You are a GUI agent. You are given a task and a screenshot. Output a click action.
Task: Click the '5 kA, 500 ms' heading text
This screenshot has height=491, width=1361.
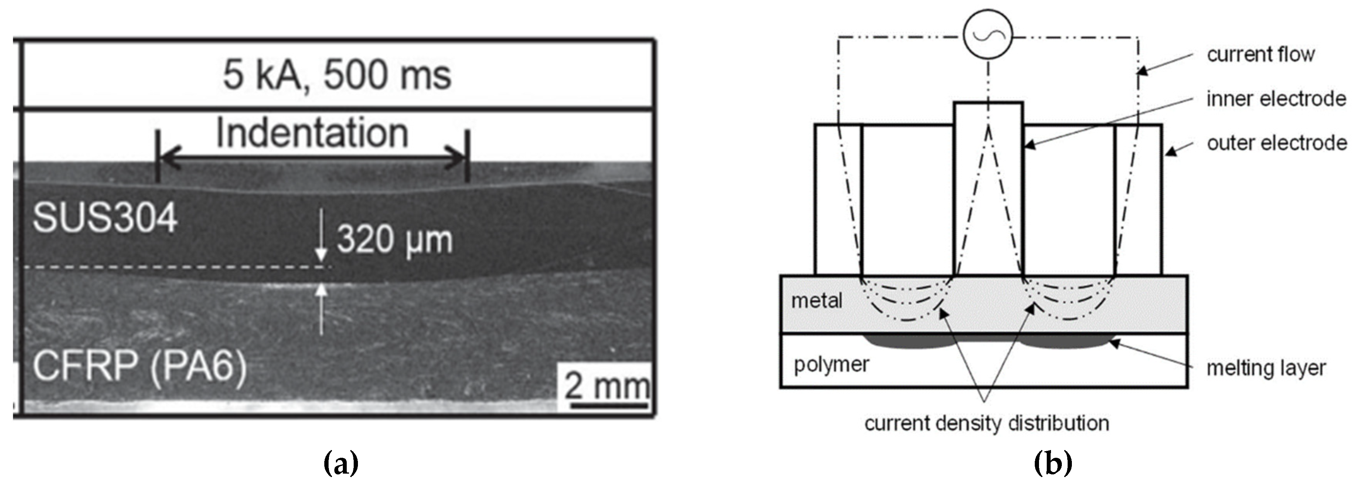coord(337,75)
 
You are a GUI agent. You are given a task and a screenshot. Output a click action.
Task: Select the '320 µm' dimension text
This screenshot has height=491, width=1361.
coord(395,239)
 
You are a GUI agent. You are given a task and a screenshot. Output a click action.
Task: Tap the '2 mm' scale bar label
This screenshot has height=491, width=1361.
coord(606,386)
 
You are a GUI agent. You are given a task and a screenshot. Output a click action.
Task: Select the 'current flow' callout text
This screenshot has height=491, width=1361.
coord(1261,54)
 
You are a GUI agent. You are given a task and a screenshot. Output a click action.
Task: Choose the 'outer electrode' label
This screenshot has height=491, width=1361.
coord(1276,143)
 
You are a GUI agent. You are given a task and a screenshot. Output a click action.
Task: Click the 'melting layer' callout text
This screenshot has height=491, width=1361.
coord(1266,368)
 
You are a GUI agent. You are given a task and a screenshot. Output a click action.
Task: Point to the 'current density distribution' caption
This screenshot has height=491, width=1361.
coord(986,423)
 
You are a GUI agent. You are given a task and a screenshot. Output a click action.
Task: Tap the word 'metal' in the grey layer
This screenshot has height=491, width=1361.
coord(816,301)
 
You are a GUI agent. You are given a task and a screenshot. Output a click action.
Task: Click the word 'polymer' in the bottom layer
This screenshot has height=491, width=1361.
coord(831,364)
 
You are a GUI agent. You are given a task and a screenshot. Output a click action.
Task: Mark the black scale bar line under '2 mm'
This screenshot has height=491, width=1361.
coord(609,406)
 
